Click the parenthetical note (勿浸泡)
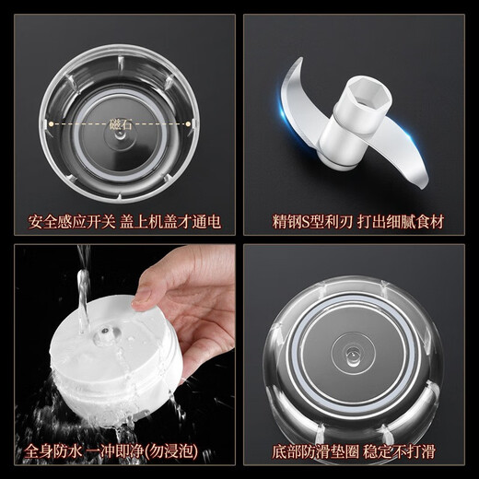click(186, 452)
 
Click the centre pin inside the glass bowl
click(353, 353)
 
